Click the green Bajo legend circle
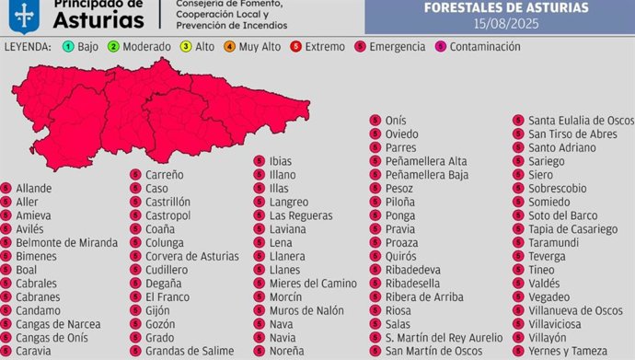click(x=68, y=46)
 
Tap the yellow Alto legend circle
click(x=185, y=46)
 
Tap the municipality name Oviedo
click(x=402, y=134)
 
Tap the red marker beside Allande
click(x=6, y=188)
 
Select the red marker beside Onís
click(x=375, y=121)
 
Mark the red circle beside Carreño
click(x=135, y=174)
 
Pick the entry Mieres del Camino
click(x=312, y=283)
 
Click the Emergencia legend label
click(x=397, y=46)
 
